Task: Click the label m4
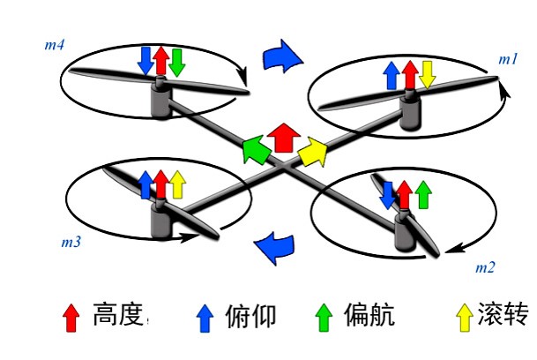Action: [x=55, y=41]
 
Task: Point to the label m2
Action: [x=485, y=266]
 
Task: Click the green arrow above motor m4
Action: [x=176, y=61]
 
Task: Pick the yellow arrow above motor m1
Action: [x=427, y=74]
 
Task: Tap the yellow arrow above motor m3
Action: [x=177, y=184]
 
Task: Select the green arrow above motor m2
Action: [x=423, y=193]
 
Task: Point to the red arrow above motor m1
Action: [x=409, y=74]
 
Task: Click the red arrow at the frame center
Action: [x=284, y=138]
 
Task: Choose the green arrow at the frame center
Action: [x=256, y=149]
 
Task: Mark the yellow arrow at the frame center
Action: [x=311, y=154]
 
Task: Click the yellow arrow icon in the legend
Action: [x=463, y=314]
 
